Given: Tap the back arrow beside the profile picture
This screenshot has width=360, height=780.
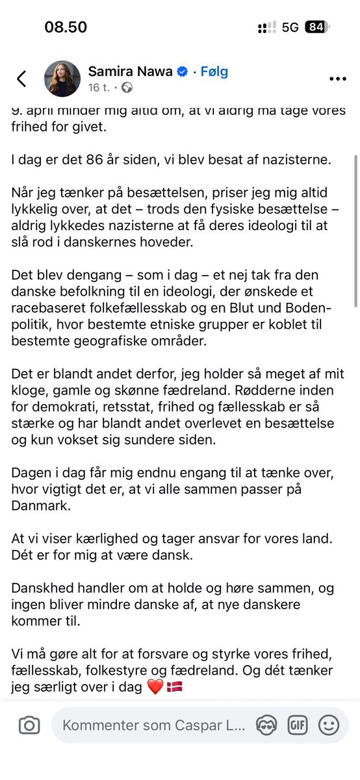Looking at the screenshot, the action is [21, 79].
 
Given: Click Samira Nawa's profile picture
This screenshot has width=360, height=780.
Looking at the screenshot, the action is [62, 79].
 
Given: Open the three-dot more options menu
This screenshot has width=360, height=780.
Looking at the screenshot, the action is [338, 79].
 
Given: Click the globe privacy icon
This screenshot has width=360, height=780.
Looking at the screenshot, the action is [127, 87].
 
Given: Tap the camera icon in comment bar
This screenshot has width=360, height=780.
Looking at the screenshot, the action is [29, 725].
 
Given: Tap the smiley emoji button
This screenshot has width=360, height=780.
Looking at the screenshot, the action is [329, 725].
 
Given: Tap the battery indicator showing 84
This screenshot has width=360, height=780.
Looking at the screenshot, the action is [316, 27].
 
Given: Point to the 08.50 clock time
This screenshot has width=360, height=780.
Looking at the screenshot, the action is [66, 27].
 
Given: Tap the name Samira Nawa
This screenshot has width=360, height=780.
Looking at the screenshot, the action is [130, 71].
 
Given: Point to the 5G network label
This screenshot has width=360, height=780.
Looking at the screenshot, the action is [290, 27].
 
